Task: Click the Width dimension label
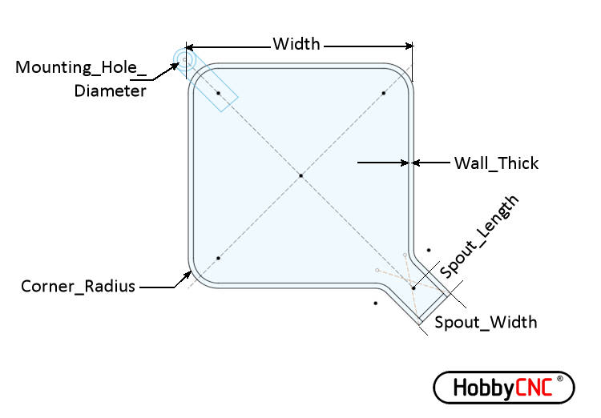[x=296, y=44]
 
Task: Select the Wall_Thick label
[x=496, y=163]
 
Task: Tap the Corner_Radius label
[x=78, y=286]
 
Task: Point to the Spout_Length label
[x=479, y=236]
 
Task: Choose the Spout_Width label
[x=486, y=322]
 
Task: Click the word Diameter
[x=110, y=91]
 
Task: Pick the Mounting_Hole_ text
[x=81, y=67]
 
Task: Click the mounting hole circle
[x=184, y=60]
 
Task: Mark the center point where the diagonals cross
[x=300, y=175]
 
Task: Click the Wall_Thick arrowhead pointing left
[x=415, y=163]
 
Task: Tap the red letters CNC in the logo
[x=534, y=388]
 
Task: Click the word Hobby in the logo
[x=484, y=388]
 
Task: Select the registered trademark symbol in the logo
[x=559, y=379]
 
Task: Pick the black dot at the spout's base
[x=413, y=287]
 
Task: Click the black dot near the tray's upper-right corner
[x=384, y=93]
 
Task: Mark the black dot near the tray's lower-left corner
[x=218, y=258]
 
